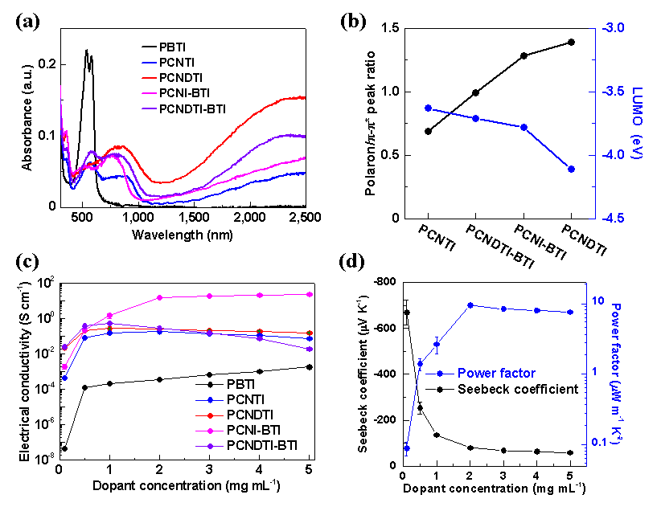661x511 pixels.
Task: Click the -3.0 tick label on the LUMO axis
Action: pyautogui.click(x=613, y=28)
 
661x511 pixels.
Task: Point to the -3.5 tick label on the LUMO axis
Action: pyautogui.click(x=613, y=92)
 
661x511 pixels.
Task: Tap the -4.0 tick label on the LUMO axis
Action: pyautogui.click(x=613, y=155)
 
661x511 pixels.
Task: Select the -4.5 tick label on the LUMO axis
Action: pyautogui.click(x=613, y=218)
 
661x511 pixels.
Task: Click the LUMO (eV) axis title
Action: pyautogui.click(x=638, y=122)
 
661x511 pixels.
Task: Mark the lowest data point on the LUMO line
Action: pyautogui.click(x=571, y=169)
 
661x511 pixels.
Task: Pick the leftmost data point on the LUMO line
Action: pyautogui.click(x=428, y=108)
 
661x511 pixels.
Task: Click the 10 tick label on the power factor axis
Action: pyautogui.click(x=597, y=300)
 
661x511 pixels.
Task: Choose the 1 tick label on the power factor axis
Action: pyautogui.click(x=594, y=372)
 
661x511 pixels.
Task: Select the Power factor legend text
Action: pyautogui.click(x=496, y=373)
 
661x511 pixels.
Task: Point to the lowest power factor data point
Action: pyautogui.click(x=407, y=447)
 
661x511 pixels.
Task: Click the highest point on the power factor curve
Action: pyautogui.click(x=470, y=305)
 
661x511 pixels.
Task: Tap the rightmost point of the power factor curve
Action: pyautogui.click(x=570, y=312)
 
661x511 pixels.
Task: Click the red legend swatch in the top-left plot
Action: pyautogui.click(x=150, y=78)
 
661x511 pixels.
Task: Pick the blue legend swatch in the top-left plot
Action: pyautogui.click(x=150, y=63)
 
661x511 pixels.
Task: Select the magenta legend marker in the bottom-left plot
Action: pyautogui.click(x=210, y=431)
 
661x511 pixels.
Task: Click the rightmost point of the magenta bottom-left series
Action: pyautogui.click(x=310, y=294)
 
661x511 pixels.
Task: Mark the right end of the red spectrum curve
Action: pyautogui.click(x=304, y=97)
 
